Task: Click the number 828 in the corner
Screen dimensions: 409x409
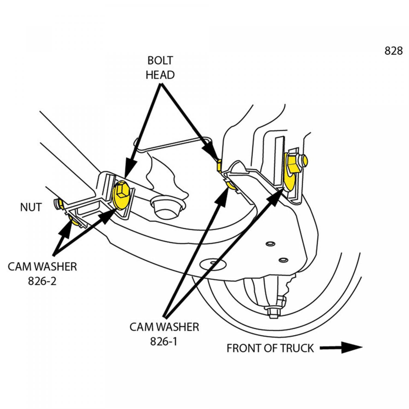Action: click(x=393, y=51)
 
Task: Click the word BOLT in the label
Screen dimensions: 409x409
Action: click(x=160, y=61)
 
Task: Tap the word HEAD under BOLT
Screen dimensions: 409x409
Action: click(x=160, y=75)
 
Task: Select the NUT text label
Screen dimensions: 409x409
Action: click(x=31, y=207)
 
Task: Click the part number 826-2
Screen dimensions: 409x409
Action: click(x=42, y=281)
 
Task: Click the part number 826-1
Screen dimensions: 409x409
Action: click(x=164, y=341)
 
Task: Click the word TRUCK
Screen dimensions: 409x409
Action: click(x=297, y=348)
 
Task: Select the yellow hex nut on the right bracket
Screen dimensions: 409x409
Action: click(x=293, y=163)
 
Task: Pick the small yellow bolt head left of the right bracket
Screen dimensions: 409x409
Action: click(x=219, y=166)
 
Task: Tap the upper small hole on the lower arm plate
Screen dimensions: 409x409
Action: click(x=270, y=243)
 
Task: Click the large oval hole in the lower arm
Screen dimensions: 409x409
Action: click(x=213, y=264)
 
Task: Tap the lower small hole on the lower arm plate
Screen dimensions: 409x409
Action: click(x=284, y=260)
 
